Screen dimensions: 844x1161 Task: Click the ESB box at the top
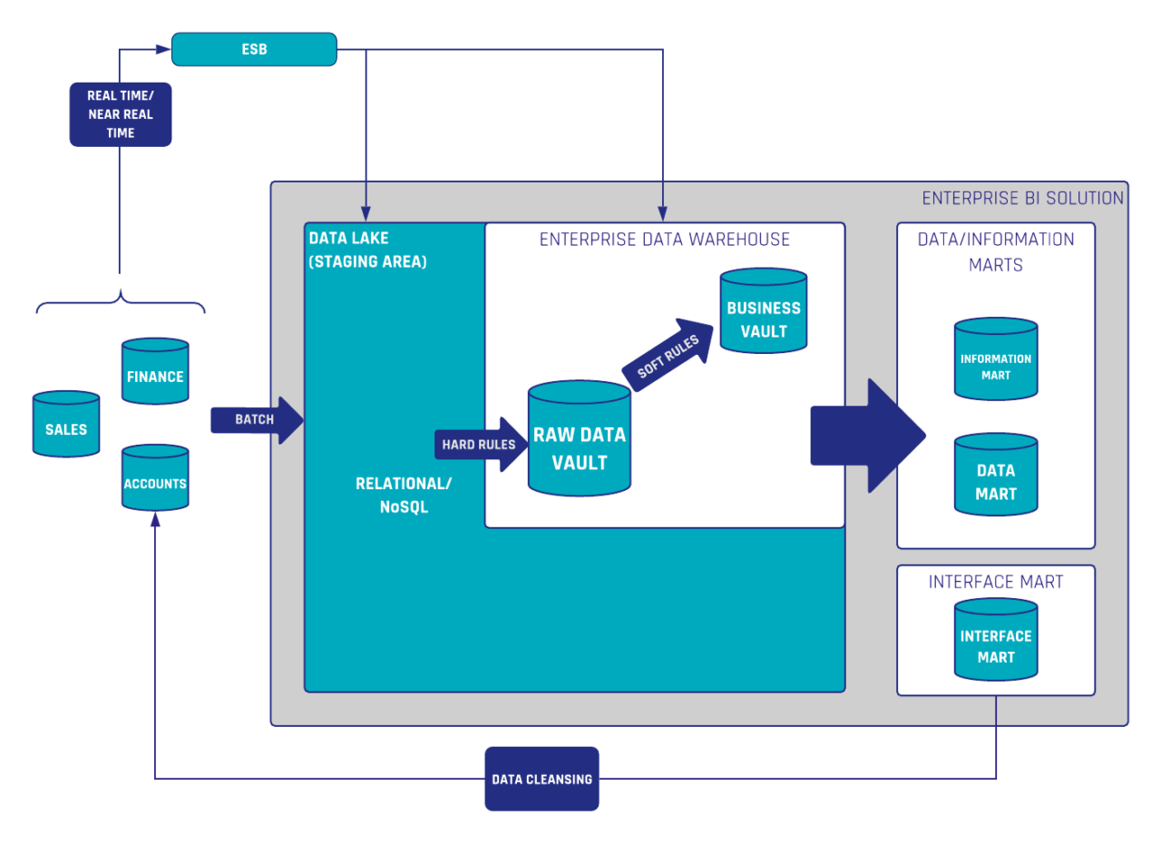(x=254, y=49)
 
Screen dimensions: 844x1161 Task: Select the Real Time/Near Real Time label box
(x=120, y=113)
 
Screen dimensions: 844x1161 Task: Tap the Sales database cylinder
(x=66, y=425)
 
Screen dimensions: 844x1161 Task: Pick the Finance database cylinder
(x=155, y=372)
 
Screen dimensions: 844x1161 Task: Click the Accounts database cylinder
(x=155, y=479)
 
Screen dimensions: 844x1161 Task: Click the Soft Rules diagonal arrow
(x=668, y=355)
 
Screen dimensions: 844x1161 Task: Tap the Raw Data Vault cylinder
(x=579, y=439)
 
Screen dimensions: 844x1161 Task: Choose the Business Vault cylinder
(x=763, y=311)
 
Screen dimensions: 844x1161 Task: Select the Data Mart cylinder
(x=996, y=477)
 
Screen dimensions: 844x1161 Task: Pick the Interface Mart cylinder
(x=996, y=640)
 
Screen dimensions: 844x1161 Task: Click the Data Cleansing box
(x=541, y=779)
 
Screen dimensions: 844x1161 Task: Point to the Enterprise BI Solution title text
(x=1022, y=199)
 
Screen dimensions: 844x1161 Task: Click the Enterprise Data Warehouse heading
(x=664, y=240)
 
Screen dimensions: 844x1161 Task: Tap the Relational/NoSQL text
(x=403, y=496)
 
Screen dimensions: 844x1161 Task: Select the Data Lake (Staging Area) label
(x=367, y=250)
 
